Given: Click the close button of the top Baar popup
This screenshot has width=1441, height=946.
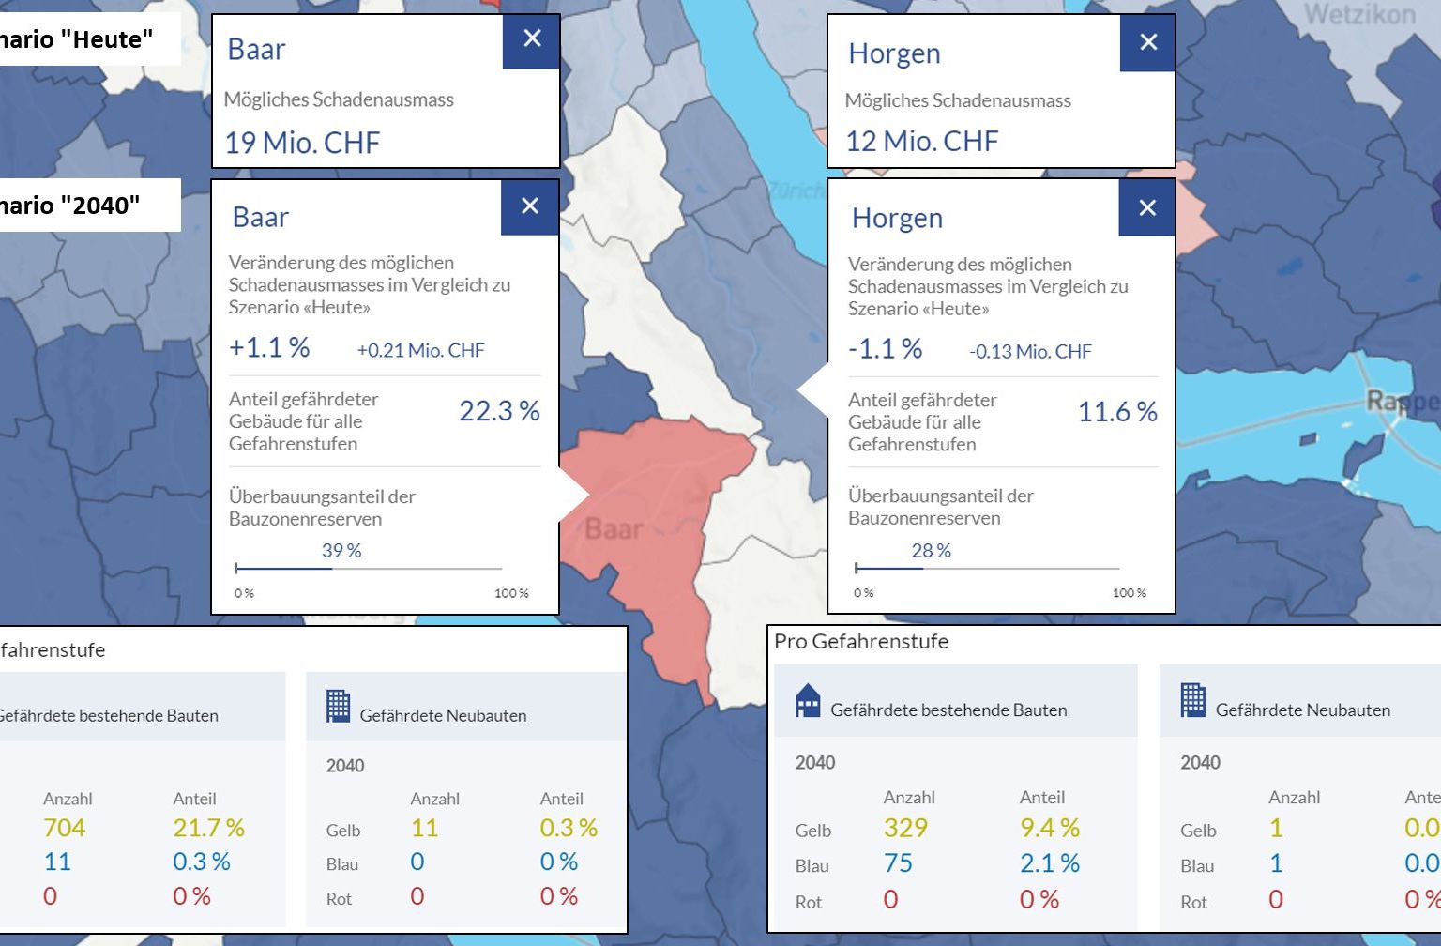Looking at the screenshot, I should click(x=532, y=39).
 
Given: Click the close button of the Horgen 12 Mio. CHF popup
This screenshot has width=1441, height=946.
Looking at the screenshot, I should click(x=1148, y=42).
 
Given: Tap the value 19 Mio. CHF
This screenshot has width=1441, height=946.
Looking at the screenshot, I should click(x=302, y=143).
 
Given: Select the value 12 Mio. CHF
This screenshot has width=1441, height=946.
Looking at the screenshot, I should click(x=922, y=142).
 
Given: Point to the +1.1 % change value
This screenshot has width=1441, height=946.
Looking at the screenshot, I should click(x=269, y=348).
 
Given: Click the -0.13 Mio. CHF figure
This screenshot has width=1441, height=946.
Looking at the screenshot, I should click(x=1030, y=352).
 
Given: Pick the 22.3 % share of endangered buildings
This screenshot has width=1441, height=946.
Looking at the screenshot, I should click(x=499, y=411).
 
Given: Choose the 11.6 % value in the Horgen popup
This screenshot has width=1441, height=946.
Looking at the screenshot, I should click(x=1117, y=412).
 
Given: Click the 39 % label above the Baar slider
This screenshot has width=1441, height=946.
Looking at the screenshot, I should click(x=341, y=551).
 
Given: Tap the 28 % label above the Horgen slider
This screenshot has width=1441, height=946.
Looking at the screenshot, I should click(x=932, y=551).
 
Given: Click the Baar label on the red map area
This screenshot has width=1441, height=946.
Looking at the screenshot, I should click(x=614, y=529).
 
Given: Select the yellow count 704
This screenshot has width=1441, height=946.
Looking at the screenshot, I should click(x=64, y=828).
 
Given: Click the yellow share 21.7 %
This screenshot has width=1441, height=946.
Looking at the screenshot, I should click(x=208, y=828).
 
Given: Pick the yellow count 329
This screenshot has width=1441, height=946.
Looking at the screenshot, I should click(x=905, y=828).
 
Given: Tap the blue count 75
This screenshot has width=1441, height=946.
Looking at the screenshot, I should click(x=898, y=863).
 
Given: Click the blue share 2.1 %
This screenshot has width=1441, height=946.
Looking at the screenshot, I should click(x=1050, y=863).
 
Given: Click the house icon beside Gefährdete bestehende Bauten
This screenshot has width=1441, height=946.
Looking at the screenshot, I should click(x=807, y=701).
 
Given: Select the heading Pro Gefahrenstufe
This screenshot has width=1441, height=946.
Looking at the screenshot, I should click(x=861, y=642).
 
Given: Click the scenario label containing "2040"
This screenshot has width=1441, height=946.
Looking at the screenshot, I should click(x=70, y=206).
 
